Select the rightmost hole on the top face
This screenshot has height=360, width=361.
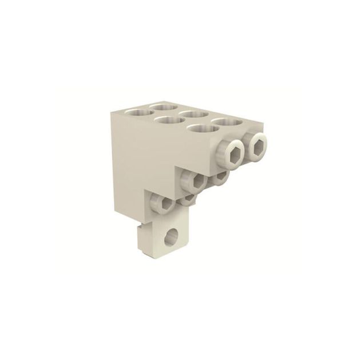coord(227,123)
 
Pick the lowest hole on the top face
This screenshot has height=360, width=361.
coord(200,129)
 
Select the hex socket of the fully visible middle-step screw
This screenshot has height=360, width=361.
coord(196,182)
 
